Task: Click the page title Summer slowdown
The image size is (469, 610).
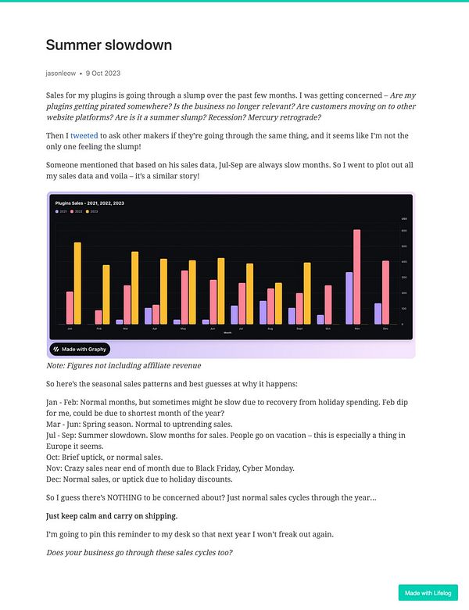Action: [x=109, y=45]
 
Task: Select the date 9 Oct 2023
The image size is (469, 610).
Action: [x=103, y=73]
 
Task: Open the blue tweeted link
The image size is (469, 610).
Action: [x=84, y=135]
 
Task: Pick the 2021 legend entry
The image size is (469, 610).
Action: [x=60, y=211]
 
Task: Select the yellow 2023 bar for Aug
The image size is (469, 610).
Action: [x=279, y=303]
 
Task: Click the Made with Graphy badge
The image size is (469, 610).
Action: [x=81, y=349]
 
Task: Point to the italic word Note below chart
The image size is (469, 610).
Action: [x=56, y=365]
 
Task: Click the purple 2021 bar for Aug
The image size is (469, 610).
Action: [x=263, y=312]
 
